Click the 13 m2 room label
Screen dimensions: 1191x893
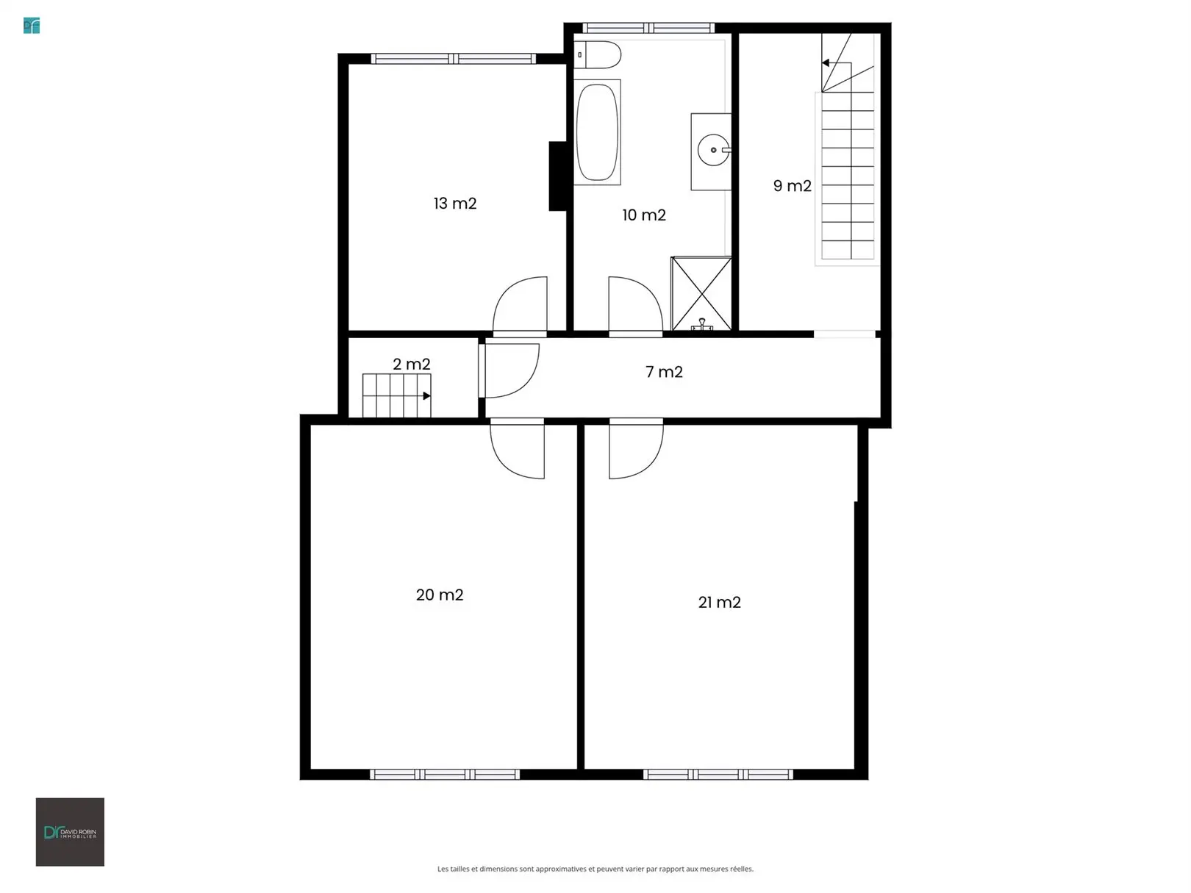tap(454, 204)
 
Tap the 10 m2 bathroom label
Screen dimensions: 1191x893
tap(643, 215)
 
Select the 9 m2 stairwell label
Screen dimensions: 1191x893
tap(793, 186)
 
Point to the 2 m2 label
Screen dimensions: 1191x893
tap(411, 365)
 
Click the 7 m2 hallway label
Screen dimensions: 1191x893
tap(664, 372)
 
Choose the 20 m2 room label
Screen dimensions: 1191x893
tap(440, 595)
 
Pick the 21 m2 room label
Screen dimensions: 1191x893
tap(719, 603)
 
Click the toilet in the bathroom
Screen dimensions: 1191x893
tap(598, 55)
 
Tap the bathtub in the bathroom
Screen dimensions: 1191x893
tap(597, 132)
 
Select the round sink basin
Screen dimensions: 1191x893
tap(713, 150)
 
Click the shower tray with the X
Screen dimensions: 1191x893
tap(701, 293)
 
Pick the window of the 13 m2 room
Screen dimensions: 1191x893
tap(454, 59)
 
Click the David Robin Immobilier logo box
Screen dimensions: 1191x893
tap(70, 832)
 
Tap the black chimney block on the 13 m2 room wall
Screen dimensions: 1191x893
tap(558, 176)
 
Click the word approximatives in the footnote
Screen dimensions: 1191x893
tap(560, 869)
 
